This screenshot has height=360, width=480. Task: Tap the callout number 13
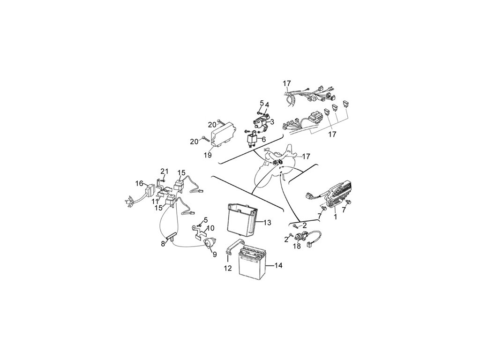click(267, 222)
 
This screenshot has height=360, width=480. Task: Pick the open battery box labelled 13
click(242, 219)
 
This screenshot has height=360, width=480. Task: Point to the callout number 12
click(228, 268)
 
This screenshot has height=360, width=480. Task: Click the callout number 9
click(214, 255)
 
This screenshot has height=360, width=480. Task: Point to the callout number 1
click(335, 217)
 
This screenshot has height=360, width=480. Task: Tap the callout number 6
click(263, 139)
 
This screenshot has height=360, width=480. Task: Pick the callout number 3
click(272, 121)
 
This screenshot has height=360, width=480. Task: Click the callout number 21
click(164, 171)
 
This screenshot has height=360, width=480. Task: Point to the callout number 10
click(211, 228)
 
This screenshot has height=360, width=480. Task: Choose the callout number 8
click(163, 243)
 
